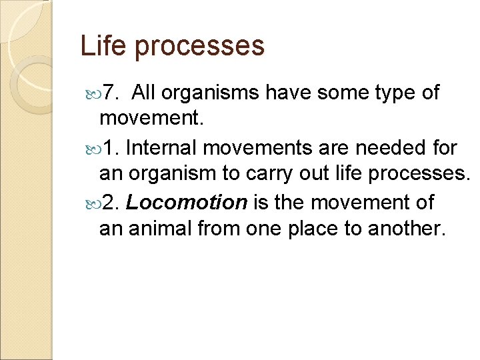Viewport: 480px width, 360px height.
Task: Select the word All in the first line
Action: click(x=146, y=93)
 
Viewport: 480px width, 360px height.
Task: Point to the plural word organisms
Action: click(x=213, y=94)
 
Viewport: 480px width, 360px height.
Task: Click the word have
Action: click(x=288, y=93)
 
